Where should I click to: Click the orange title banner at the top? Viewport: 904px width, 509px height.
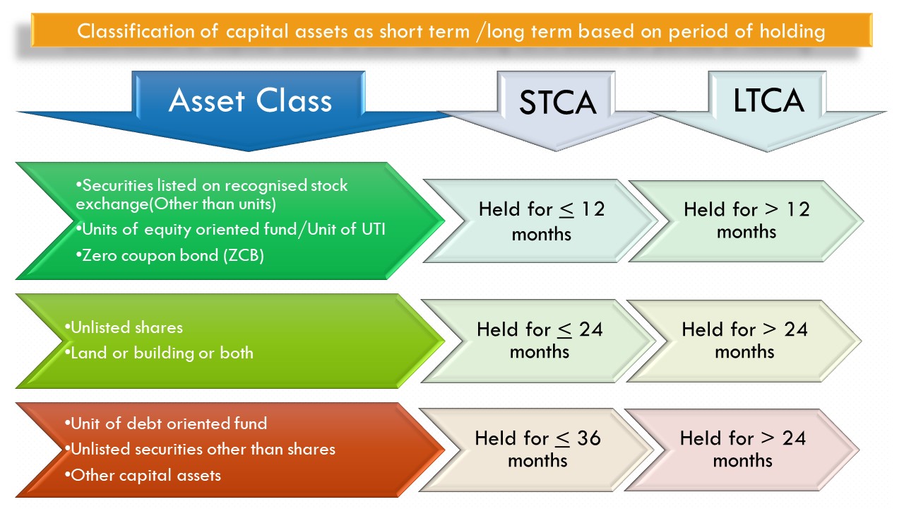coord(452,31)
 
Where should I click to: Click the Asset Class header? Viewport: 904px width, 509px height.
coord(250,100)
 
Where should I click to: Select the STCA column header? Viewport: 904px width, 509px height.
coord(557,103)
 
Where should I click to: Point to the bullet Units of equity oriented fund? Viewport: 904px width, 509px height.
coord(234,230)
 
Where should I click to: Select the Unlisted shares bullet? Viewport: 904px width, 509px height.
coord(126,327)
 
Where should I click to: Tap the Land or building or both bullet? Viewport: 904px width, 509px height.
coord(162,353)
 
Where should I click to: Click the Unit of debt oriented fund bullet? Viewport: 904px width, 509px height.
coord(169,423)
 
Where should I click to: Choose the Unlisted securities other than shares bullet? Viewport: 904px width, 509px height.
coord(203,449)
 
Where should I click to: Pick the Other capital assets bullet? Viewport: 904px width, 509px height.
coord(145,475)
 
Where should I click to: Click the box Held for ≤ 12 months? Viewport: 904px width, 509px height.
coord(541,221)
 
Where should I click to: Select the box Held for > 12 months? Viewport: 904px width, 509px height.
coord(746,221)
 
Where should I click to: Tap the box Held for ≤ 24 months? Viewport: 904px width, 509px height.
coord(539,340)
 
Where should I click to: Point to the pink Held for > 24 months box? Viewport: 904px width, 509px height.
coord(742,449)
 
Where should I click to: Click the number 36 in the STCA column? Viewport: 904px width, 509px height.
coord(588,438)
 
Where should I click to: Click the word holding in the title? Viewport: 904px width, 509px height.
coord(784,31)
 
